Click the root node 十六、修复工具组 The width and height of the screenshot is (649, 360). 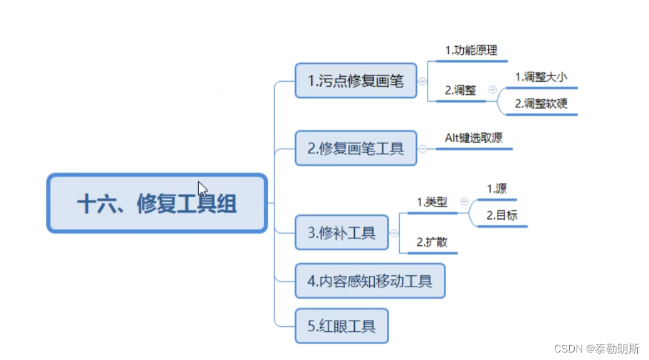pyautogui.click(x=157, y=203)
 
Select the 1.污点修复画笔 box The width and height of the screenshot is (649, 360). pyautogui.click(x=356, y=80)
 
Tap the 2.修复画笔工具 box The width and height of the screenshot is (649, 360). pyautogui.click(x=356, y=148)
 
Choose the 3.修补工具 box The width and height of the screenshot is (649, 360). pyautogui.click(x=342, y=233)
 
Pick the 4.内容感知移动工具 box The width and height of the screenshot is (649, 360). pyautogui.click(x=370, y=281)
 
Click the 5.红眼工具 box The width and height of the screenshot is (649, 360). pyautogui.click(x=342, y=326)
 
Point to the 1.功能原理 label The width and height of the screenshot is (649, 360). pyautogui.click(x=471, y=51)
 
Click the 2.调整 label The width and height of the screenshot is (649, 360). pyautogui.click(x=460, y=90)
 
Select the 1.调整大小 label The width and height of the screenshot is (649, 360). pyautogui.click(x=541, y=77)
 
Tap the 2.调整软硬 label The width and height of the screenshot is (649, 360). pyautogui.click(x=541, y=104)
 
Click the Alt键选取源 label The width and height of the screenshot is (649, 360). pyautogui.click(x=474, y=138)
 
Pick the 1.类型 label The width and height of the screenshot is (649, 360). pyautogui.click(x=432, y=202)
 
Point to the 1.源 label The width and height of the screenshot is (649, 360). pyautogui.click(x=496, y=188)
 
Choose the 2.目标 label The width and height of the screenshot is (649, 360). pyautogui.click(x=502, y=216)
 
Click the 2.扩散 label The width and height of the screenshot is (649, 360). pyautogui.click(x=432, y=242)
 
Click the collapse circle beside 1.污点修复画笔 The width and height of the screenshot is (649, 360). pyautogui.click(x=423, y=81)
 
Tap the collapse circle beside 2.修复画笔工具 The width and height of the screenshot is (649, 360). pyautogui.click(x=423, y=148)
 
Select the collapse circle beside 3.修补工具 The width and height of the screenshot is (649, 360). pyautogui.click(x=394, y=233)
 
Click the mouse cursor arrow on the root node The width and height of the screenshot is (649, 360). pyautogui.click(x=203, y=188)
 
